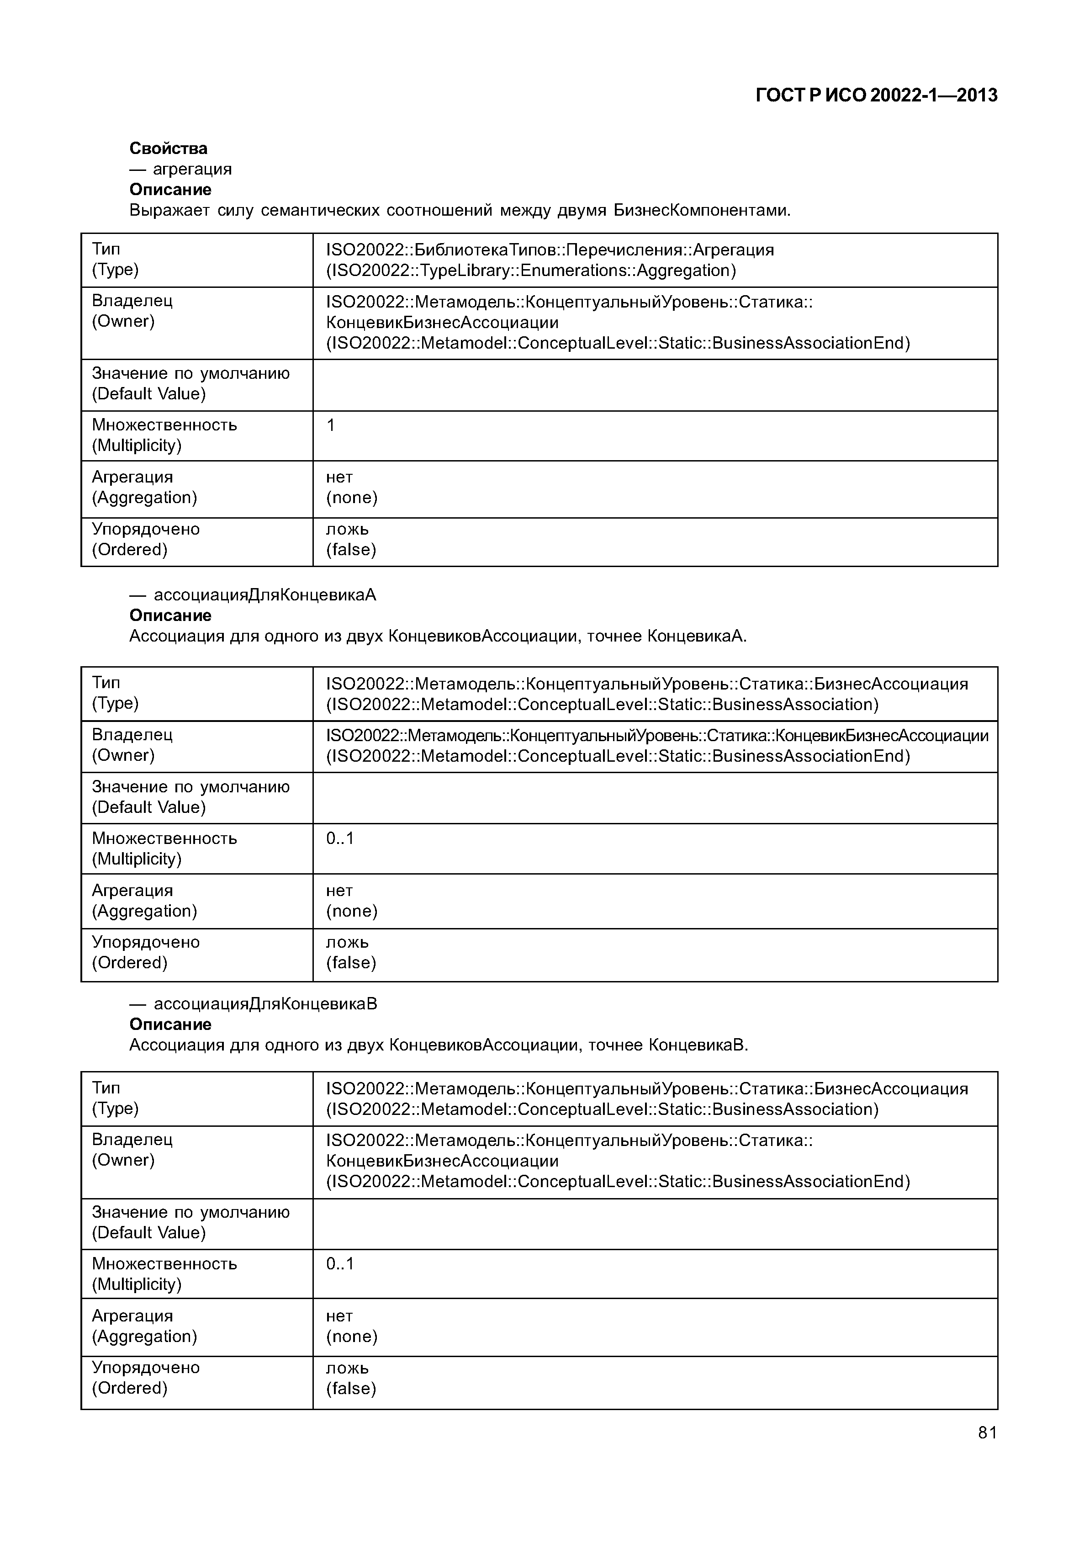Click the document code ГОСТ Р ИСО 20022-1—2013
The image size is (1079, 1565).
coord(876,95)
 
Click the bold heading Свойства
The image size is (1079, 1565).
coord(169,148)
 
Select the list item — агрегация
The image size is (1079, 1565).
coord(181,169)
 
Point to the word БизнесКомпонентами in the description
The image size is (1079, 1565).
coord(702,210)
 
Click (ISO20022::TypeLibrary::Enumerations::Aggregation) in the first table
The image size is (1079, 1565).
coord(531,271)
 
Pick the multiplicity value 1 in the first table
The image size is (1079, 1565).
coord(331,425)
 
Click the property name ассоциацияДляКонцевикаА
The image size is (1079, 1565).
coord(265,595)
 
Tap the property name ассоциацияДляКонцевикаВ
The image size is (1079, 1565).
coord(265,1003)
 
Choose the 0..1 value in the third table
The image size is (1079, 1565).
coord(339,1264)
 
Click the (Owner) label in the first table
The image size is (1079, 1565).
coord(123,321)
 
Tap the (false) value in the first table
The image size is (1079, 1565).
coord(351,549)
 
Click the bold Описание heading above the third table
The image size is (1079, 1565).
coord(170,1024)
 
